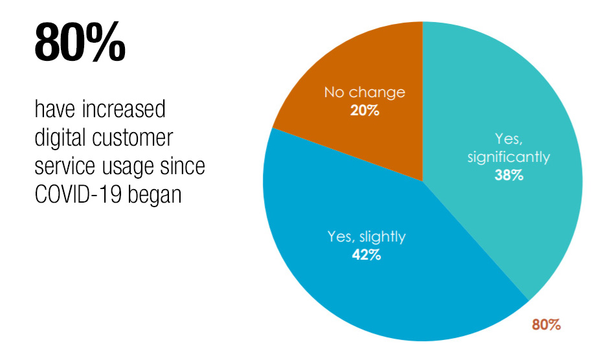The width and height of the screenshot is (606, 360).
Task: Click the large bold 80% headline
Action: [x=80, y=42]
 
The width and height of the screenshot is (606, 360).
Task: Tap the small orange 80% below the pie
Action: [x=546, y=325]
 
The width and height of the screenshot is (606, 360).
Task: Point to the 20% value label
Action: [x=365, y=110]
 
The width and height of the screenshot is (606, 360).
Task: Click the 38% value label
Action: [x=508, y=175]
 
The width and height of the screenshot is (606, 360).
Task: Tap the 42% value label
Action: [x=366, y=254]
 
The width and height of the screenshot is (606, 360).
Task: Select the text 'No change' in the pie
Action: [x=365, y=92]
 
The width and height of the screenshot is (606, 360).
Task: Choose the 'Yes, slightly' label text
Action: [x=366, y=236]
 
